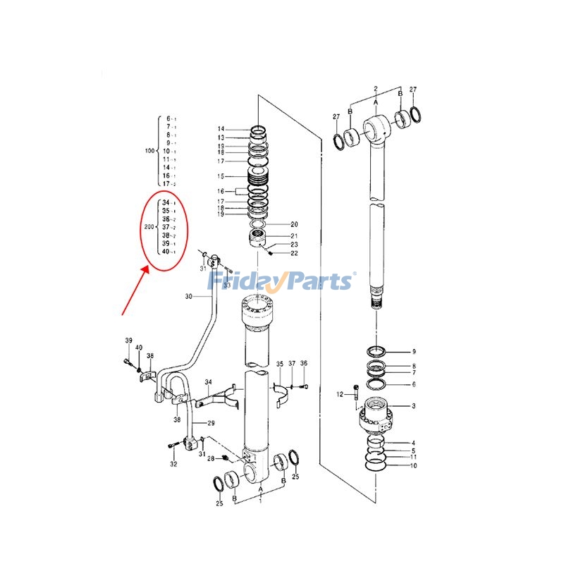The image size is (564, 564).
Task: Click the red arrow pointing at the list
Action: pyautogui.click(x=134, y=289)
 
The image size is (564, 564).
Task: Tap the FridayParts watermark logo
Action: pyautogui.click(x=281, y=281)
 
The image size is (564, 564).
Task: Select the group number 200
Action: pyautogui.click(x=149, y=227)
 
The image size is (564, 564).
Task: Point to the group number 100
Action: pyautogui.click(x=149, y=151)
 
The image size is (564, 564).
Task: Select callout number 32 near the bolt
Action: pyautogui.click(x=173, y=465)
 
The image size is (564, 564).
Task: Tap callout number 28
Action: pyautogui.click(x=210, y=459)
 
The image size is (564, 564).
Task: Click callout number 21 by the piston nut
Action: pyautogui.click(x=294, y=235)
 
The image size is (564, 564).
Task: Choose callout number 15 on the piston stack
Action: pyautogui.click(x=221, y=176)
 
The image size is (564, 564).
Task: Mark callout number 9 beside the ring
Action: pyautogui.click(x=414, y=351)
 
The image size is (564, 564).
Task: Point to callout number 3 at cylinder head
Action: pyautogui.click(x=414, y=406)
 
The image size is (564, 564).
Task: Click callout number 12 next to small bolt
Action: pyautogui.click(x=339, y=394)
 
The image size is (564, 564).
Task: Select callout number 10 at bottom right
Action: pyautogui.click(x=414, y=466)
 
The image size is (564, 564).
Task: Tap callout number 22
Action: pyautogui.click(x=294, y=253)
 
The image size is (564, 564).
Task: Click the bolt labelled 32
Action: pyautogui.click(x=172, y=446)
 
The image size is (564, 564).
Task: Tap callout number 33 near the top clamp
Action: pyautogui.click(x=226, y=285)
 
